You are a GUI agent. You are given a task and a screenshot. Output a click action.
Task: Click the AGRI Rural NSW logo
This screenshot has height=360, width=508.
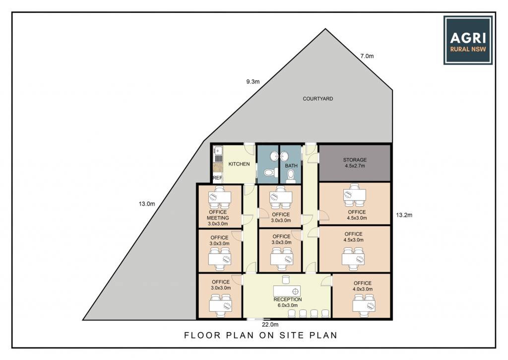click(468, 40)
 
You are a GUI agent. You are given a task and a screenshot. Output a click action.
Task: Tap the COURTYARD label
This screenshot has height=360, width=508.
click(318, 99)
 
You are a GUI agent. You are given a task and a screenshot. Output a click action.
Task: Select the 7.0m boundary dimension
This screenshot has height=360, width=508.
click(367, 56)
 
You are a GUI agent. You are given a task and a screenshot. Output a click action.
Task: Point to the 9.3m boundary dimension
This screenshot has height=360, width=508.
click(253, 82)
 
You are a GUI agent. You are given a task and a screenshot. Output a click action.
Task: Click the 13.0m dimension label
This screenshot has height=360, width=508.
click(147, 204)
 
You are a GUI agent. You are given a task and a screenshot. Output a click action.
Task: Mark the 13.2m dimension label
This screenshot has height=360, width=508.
click(404, 215)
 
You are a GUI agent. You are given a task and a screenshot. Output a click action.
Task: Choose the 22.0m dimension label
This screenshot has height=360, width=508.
click(270, 324)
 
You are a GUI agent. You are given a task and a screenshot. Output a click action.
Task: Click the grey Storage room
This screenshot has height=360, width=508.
click(355, 163)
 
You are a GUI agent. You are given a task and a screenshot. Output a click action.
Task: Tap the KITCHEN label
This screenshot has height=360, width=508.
click(239, 164)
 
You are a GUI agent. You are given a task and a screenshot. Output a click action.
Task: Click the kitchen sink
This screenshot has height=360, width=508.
click(218, 151)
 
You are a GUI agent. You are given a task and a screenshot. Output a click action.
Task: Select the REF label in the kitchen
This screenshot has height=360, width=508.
click(217, 178)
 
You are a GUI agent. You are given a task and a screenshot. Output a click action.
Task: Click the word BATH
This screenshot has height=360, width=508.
click(291, 166)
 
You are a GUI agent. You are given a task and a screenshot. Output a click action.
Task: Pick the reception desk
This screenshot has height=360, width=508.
click(287, 291)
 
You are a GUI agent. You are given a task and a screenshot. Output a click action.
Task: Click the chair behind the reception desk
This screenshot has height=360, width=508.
click(286, 280)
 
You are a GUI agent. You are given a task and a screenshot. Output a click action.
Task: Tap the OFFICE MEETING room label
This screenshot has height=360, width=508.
click(218, 215)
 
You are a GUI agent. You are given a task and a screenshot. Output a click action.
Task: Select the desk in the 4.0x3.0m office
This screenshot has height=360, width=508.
click(364, 305)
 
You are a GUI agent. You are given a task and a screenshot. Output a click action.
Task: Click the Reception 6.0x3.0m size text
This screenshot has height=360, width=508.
click(288, 305)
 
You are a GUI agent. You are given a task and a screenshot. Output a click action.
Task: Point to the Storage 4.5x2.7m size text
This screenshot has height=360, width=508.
click(355, 166)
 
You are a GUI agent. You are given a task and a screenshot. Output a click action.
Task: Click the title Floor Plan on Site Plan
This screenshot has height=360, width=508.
click(261, 335)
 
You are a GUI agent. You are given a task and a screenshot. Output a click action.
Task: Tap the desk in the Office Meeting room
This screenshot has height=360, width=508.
click(220, 197)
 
